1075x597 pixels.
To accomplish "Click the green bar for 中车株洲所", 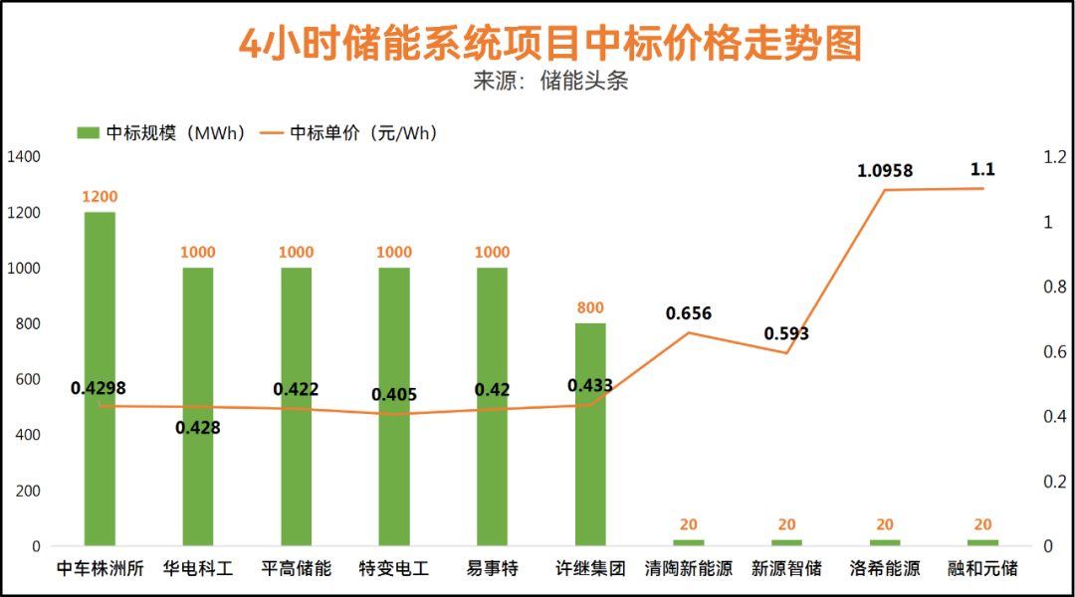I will click(100, 378).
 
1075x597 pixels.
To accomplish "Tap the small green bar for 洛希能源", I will click(885, 542).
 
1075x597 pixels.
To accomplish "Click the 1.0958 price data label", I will click(885, 171).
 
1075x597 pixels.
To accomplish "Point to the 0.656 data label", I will click(689, 313).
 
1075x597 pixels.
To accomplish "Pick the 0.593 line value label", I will click(786, 333).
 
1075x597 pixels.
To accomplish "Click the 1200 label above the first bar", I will click(100, 197).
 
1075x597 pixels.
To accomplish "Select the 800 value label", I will click(590, 308).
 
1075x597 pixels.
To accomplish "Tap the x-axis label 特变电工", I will click(394, 570).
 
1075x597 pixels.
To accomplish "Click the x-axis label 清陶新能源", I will click(689, 570).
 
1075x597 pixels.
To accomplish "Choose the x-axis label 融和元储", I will click(982, 570).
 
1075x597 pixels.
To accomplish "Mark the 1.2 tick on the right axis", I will click(1054, 157).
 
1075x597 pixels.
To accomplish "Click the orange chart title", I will click(550, 44).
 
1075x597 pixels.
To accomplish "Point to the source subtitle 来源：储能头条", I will click(550, 81).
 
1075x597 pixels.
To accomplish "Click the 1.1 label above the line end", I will click(982, 170).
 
